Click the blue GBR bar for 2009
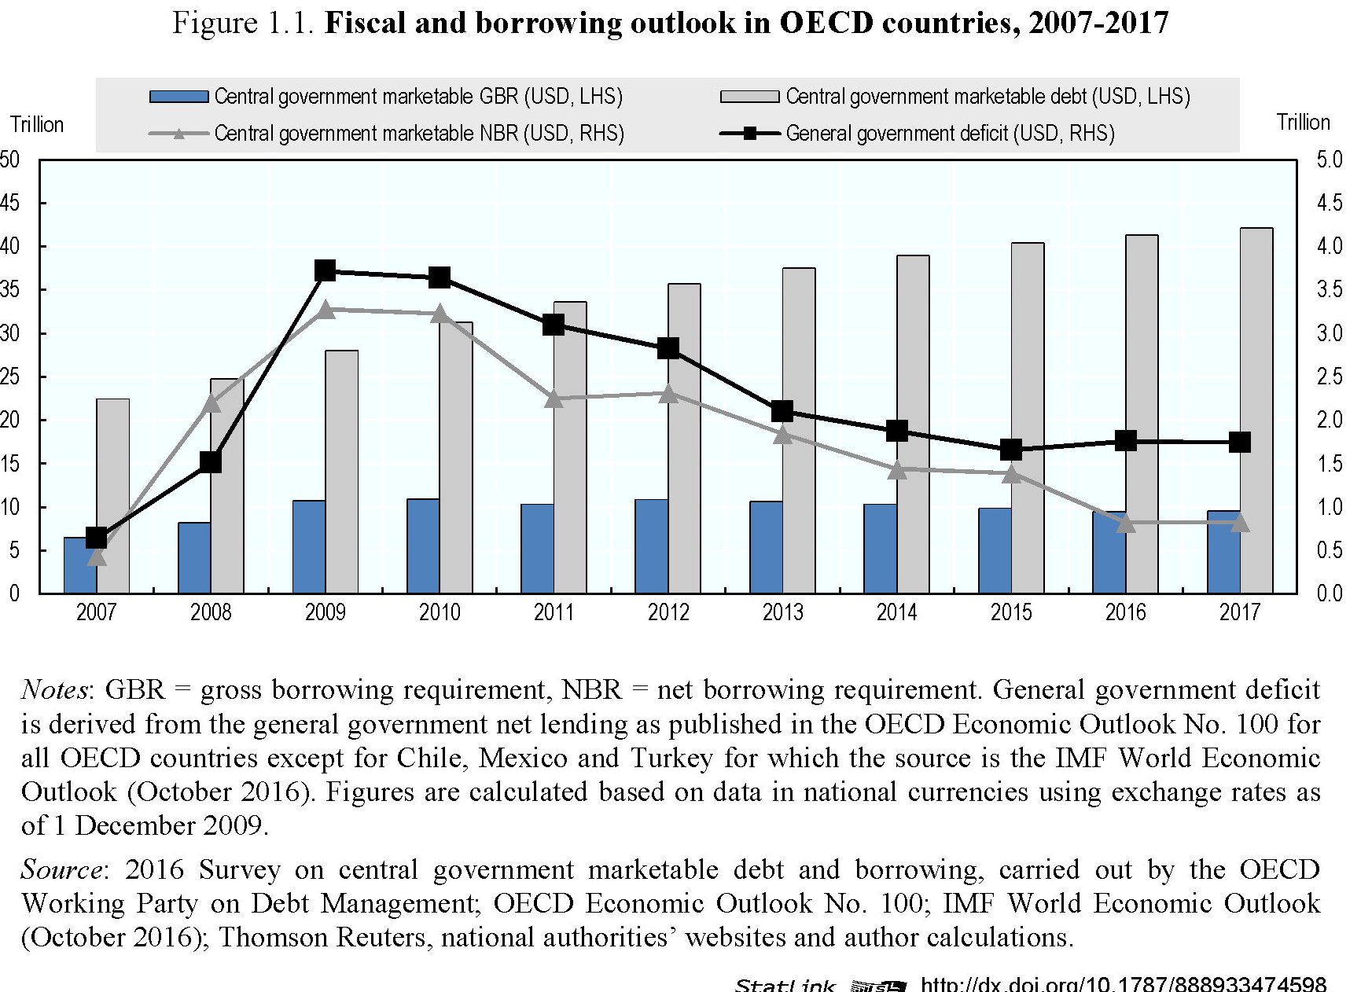coord(308,546)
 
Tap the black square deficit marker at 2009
coord(325,271)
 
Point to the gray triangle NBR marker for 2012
coord(668,394)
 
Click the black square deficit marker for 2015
coord(1011,450)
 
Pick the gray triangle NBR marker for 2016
coord(1126,523)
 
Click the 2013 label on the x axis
coord(782,612)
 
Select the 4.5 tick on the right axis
coord(1330,204)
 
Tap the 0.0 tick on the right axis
coord(1330,593)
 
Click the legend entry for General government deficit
coord(950,134)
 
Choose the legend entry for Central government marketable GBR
coord(418,97)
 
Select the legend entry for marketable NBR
coord(418,134)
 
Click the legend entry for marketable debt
coord(988,97)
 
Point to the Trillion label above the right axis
coord(1303,123)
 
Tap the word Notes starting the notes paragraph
coord(53,690)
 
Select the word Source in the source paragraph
coord(61,870)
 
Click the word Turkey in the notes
coord(671,758)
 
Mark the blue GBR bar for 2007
coord(80,565)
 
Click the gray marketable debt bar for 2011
coord(570,448)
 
